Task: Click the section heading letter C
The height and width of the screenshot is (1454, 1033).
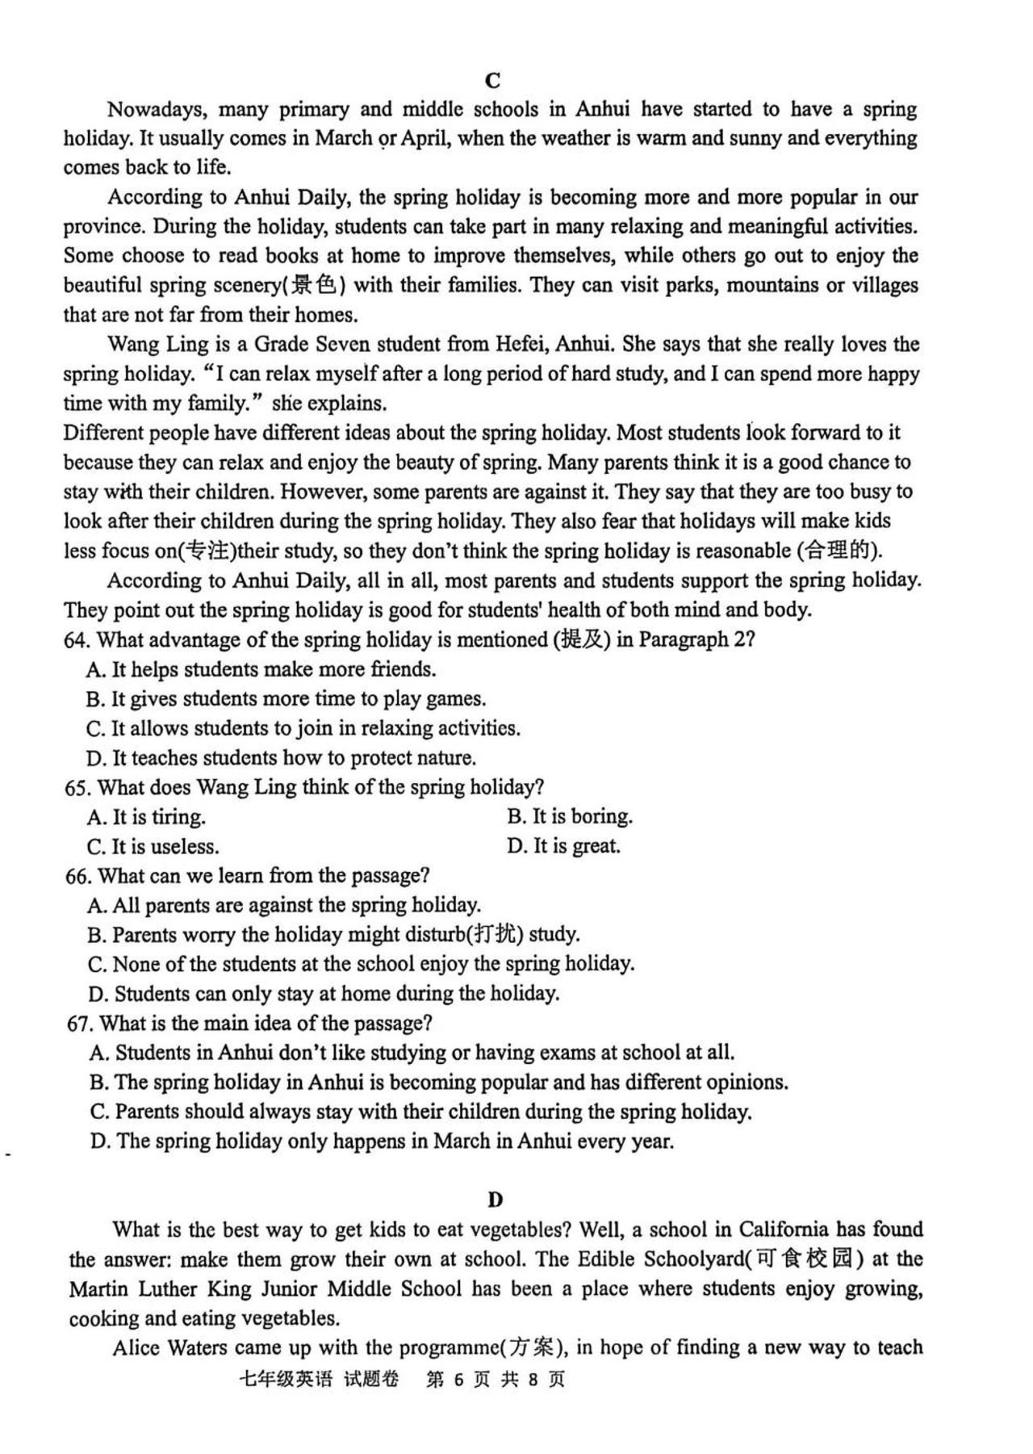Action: (494, 81)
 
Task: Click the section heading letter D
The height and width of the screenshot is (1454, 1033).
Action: (496, 1200)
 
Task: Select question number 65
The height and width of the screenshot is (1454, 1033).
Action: (77, 787)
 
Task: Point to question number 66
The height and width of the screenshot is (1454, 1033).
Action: (78, 876)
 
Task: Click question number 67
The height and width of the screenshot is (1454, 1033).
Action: (80, 1024)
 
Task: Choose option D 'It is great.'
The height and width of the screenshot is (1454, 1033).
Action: (563, 846)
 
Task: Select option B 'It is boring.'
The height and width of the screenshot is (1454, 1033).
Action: (570, 816)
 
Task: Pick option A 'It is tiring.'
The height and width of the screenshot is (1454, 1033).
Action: (146, 817)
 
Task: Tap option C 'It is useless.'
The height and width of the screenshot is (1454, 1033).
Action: (153, 847)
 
